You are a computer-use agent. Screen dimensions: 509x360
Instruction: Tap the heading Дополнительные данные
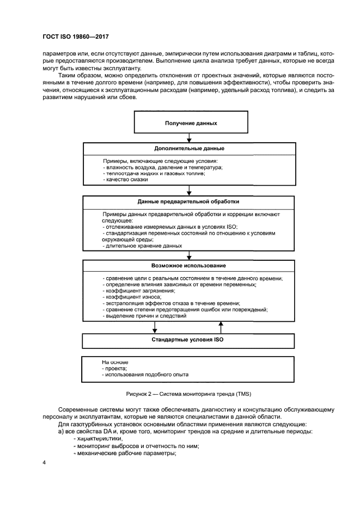tap(188, 149)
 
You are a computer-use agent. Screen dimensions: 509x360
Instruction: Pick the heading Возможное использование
tap(188, 266)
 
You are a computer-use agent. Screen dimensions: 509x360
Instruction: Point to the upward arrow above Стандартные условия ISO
tap(221, 326)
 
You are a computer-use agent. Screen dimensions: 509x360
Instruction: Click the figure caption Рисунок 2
tap(188, 393)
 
